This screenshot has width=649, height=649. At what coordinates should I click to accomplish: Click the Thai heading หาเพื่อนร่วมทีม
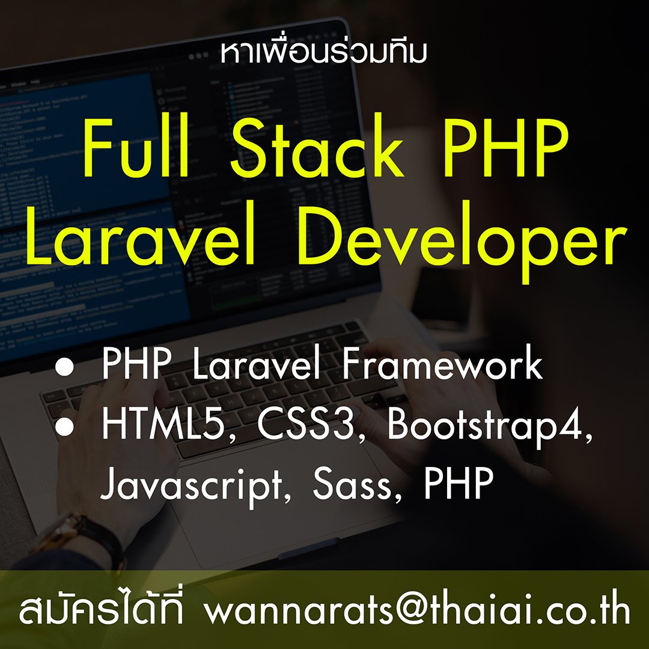[323, 52]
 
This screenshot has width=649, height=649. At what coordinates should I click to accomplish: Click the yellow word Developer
[460, 242]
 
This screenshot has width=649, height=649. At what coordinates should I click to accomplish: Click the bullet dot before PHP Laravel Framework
[64, 367]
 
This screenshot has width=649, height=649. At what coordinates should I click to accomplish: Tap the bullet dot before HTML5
[64, 427]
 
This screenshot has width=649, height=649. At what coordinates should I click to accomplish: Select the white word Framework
[442, 364]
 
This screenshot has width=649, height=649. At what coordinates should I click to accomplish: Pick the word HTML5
[166, 425]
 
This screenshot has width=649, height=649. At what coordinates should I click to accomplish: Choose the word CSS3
[307, 425]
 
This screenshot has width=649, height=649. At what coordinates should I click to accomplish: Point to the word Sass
[352, 485]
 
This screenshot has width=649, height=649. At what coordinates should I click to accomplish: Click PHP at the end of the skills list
[458, 483]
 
